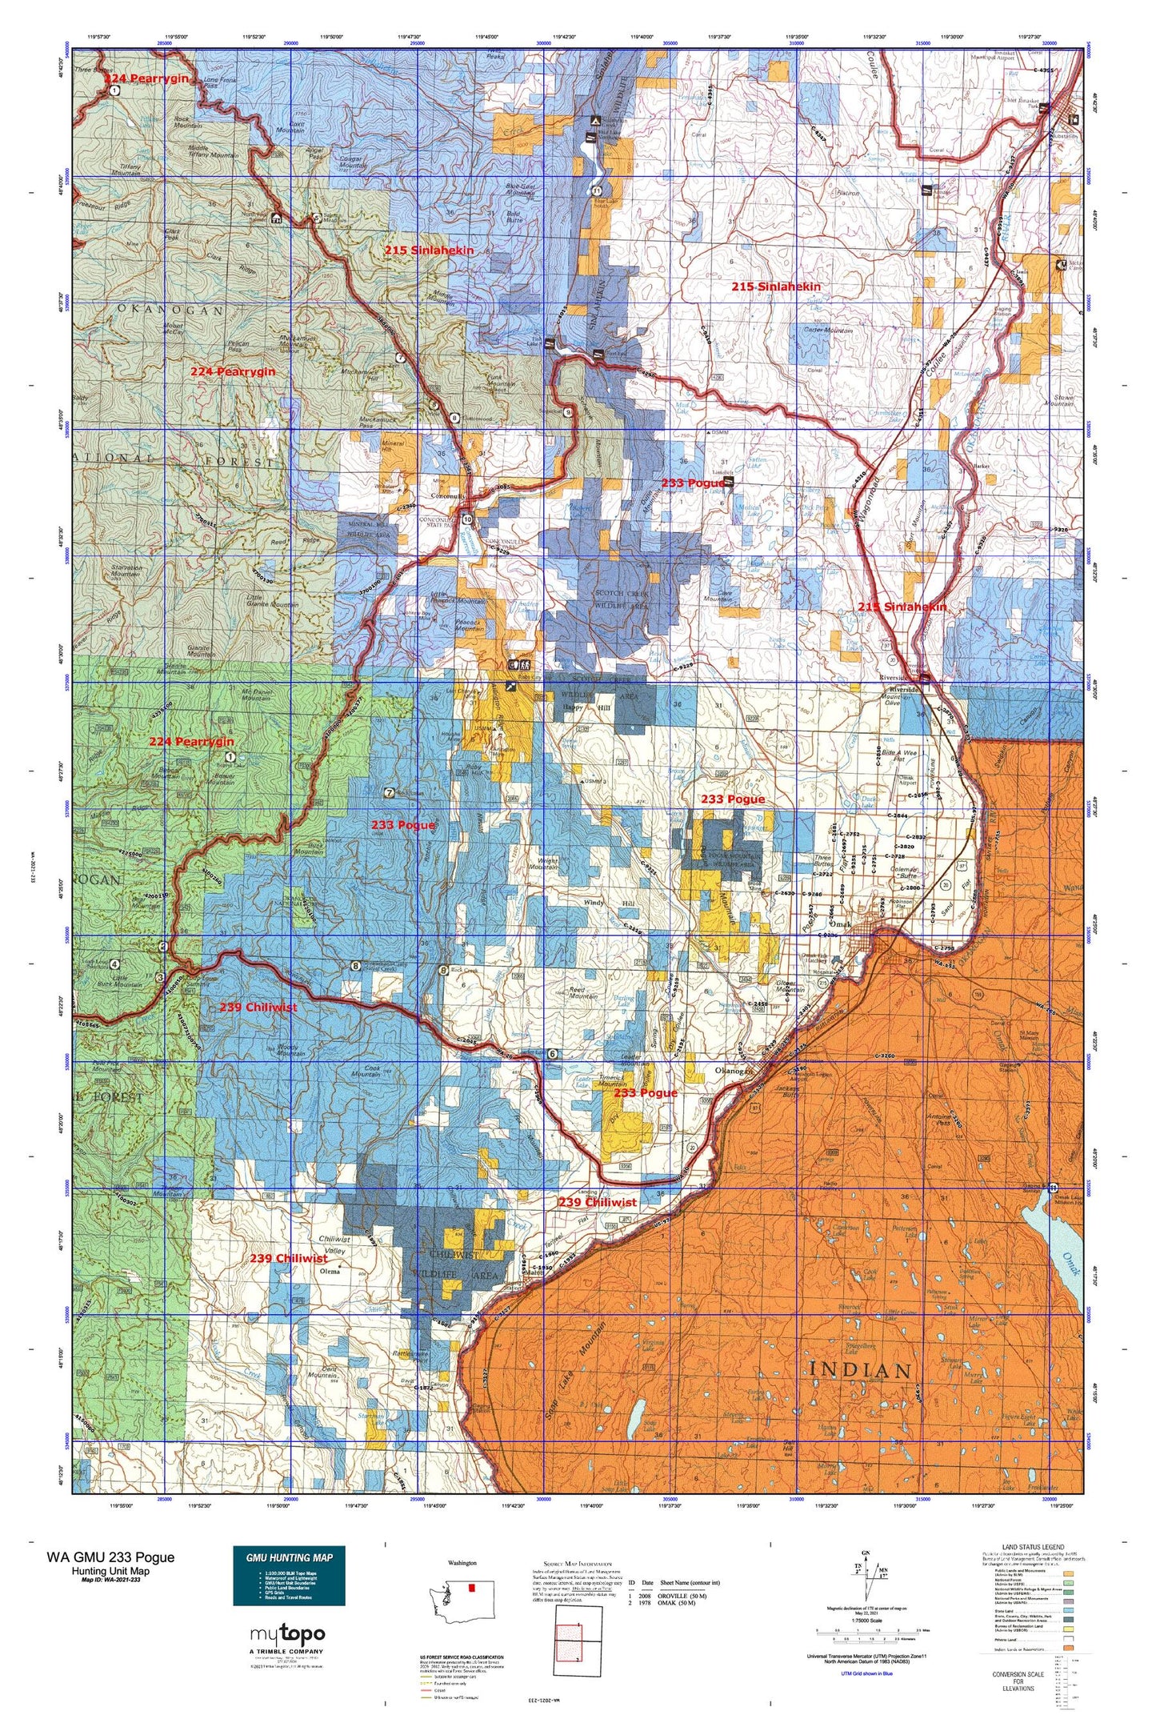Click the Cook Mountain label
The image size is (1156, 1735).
pyautogui.click(x=366, y=1070)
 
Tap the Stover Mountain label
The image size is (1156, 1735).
pyautogui.click(x=1053, y=399)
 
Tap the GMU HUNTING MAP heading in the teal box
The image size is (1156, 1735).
pyautogui.click(x=289, y=1557)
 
